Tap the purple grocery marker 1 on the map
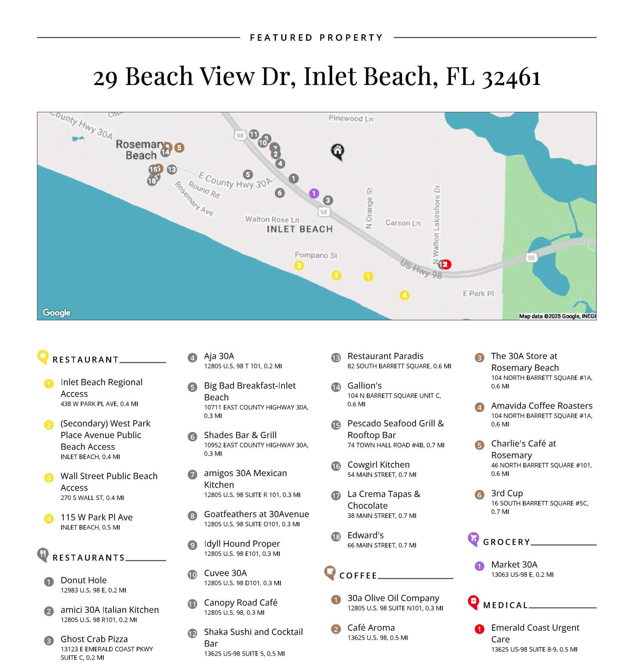[314, 194]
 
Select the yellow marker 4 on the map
[405, 295]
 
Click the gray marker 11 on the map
[254, 134]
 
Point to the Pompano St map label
[316, 255]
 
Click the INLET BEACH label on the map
[300, 229]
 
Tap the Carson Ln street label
[403, 223]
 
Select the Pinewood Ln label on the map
[351, 118]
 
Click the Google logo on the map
[57, 313]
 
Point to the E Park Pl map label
[478, 293]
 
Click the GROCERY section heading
[506, 542]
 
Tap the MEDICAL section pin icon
[473, 602]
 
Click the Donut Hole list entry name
[84, 580]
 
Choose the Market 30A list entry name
[514, 564]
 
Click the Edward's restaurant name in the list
[365, 535]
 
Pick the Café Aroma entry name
[371, 627]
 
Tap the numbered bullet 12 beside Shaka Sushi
[192, 634]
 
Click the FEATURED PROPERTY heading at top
[316, 38]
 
